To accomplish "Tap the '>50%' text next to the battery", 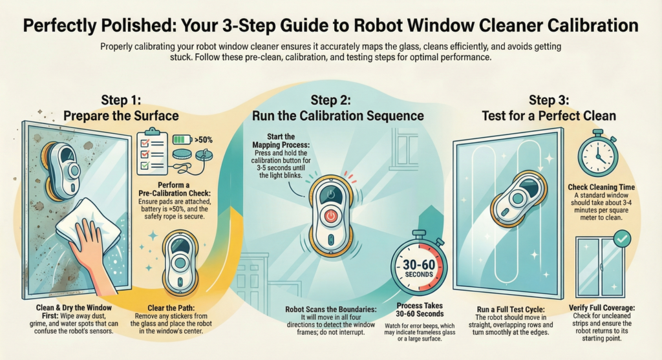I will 206,138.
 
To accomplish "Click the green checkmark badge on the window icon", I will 621,240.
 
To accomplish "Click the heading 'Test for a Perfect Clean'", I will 548,116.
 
